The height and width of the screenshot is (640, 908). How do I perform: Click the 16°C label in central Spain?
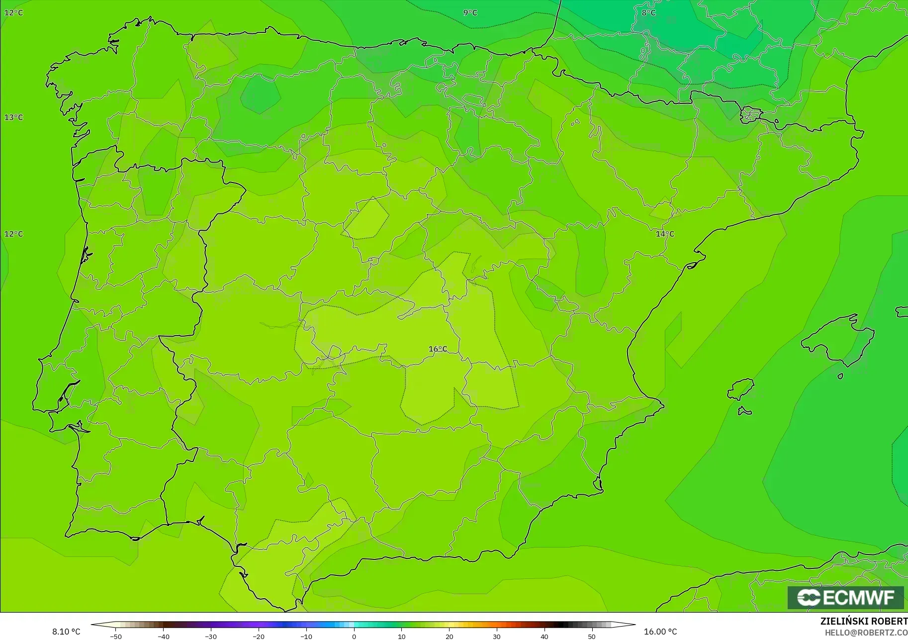point(438,349)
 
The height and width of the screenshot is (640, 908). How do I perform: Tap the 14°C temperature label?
point(665,234)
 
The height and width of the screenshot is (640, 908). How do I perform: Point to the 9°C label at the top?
point(470,12)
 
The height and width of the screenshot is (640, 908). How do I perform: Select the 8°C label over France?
point(648,12)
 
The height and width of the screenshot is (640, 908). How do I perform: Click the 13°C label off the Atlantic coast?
point(13,117)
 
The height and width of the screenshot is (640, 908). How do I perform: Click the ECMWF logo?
point(845,597)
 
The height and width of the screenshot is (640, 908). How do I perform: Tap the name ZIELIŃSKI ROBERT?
point(864,622)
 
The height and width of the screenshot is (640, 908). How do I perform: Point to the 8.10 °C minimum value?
point(66,632)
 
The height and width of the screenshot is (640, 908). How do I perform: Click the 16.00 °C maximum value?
point(660,632)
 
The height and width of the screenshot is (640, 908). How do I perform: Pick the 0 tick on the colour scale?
point(354,637)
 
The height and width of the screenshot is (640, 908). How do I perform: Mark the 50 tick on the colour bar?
point(591,637)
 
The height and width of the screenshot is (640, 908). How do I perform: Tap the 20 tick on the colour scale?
point(449,637)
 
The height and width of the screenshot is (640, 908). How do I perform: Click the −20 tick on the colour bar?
point(259,637)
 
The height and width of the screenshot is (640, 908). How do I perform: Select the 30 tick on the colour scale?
point(497,637)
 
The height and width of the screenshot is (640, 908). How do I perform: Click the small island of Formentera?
point(744,411)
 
